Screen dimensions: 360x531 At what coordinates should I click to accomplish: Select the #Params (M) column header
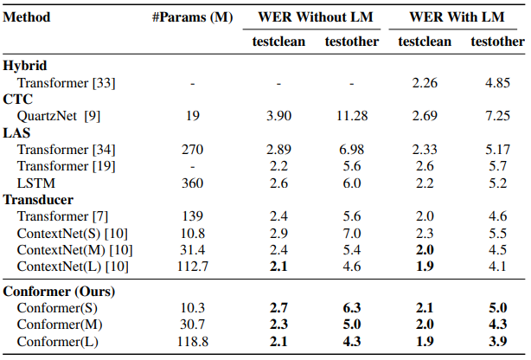[x=193, y=16]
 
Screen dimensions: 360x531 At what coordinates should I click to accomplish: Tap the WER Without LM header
[x=315, y=16]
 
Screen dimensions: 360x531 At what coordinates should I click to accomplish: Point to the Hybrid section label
[x=25, y=65]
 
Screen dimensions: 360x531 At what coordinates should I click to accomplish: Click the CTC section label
[x=18, y=99]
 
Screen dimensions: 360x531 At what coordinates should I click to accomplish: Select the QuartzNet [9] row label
[x=60, y=115]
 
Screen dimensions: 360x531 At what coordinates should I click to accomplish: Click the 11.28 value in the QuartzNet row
[x=349, y=115]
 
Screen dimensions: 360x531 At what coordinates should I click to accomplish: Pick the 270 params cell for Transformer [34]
[x=193, y=150]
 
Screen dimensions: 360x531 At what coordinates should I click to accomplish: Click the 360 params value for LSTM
[x=193, y=183]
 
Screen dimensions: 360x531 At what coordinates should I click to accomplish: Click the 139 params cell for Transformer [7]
[x=193, y=216]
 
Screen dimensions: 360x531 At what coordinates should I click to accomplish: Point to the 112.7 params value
[x=193, y=266]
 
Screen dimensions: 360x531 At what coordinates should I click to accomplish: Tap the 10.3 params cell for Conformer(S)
[x=193, y=308]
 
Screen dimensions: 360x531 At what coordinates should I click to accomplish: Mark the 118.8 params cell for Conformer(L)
[x=193, y=342]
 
